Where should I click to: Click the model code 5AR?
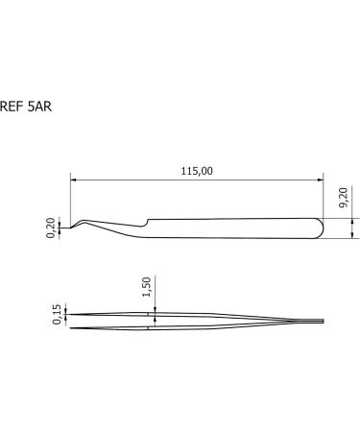click(x=40, y=108)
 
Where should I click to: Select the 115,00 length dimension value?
click(x=196, y=170)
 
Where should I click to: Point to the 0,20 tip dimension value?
click(x=51, y=228)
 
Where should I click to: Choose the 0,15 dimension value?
click(x=57, y=315)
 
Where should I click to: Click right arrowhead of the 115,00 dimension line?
click(x=320, y=179)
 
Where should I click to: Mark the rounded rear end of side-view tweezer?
click(x=321, y=228)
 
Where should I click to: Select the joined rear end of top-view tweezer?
click(x=324, y=321)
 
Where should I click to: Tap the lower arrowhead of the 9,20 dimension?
click(x=352, y=239)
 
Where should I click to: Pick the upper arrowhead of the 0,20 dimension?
click(x=63, y=223)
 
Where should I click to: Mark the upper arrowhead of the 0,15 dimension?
click(x=67, y=310)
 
